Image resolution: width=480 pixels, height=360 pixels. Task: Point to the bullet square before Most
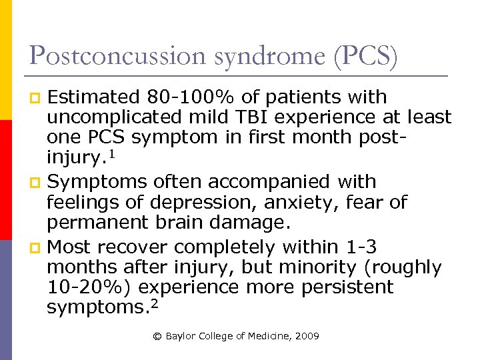37,248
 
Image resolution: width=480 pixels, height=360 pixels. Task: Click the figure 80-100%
178,97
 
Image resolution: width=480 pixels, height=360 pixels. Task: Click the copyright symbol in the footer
157,336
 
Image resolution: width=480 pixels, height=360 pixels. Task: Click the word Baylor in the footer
181,336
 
